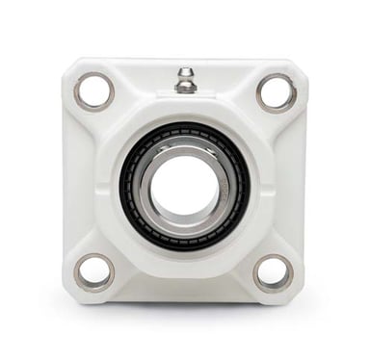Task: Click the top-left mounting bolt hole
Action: (93, 91)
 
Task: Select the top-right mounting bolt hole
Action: (277, 91)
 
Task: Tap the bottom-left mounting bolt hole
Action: (93, 272)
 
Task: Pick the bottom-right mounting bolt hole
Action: (274, 272)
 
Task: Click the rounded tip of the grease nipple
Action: (185, 71)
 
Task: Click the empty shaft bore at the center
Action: (185, 185)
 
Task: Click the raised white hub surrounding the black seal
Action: (185, 112)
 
